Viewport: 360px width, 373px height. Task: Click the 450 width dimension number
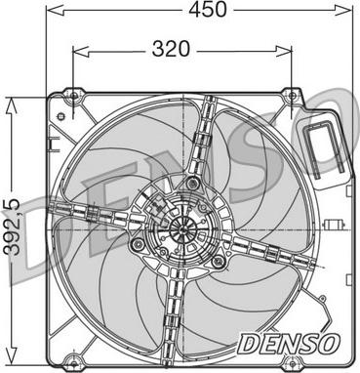pos(207,11)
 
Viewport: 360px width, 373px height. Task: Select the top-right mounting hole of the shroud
pos(290,96)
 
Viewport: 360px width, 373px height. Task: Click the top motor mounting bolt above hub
pos(191,186)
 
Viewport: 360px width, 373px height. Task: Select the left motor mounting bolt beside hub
pos(138,243)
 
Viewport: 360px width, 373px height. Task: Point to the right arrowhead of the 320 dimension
pos(290,46)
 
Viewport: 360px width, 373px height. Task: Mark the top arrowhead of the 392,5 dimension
pos(9,102)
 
